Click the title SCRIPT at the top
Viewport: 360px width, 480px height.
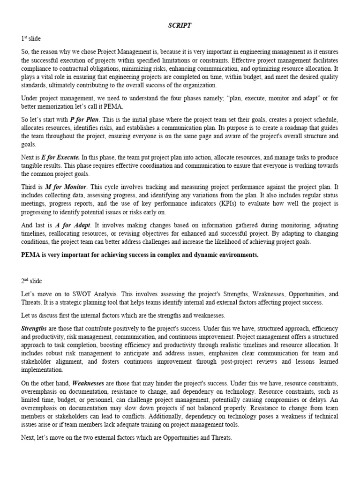click(x=180, y=26)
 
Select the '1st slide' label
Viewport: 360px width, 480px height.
click(x=31, y=39)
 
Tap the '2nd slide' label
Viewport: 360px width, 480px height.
click(x=32, y=281)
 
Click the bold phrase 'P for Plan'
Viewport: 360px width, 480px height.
click(x=84, y=120)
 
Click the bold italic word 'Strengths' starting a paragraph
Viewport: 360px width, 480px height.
click(x=34, y=329)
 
